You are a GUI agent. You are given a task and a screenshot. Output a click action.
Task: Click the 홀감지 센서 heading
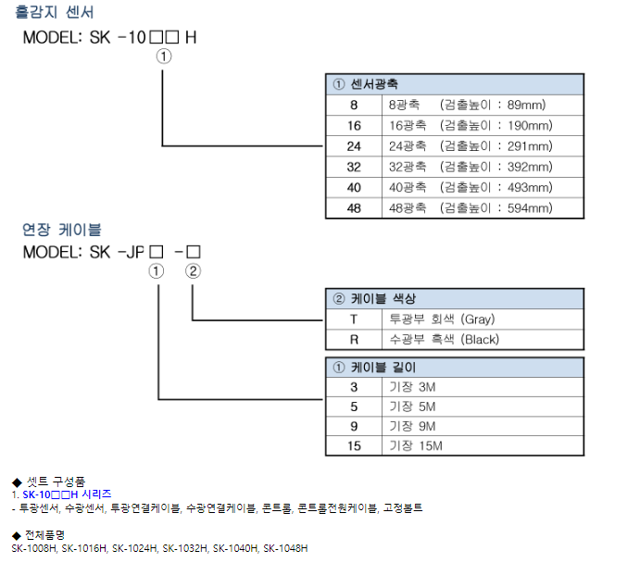[55, 12]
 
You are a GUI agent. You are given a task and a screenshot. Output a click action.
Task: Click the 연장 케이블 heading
[62, 230]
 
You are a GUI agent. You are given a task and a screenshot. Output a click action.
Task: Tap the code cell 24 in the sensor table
[354, 146]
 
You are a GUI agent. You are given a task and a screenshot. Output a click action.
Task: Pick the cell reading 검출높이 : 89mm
[493, 105]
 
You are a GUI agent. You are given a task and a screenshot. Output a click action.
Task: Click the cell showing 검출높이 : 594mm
[496, 208]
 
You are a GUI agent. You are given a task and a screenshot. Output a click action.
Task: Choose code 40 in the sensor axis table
[354, 187]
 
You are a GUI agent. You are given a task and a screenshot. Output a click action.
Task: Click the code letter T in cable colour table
[354, 319]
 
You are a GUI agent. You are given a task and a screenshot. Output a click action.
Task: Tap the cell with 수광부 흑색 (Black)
[444, 340]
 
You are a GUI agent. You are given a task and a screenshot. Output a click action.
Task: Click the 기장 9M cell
[412, 426]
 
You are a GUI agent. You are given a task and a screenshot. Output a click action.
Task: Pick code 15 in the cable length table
[354, 446]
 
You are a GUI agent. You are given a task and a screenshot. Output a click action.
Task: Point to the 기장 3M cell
[412, 387]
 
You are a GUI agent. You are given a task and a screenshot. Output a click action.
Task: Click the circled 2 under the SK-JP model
[193, 271]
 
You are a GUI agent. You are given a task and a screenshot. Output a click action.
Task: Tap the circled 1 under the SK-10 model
[164, 56]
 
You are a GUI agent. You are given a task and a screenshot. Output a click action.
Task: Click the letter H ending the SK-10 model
[191, 38]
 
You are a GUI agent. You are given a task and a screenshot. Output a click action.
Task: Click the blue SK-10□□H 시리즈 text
[67, 494]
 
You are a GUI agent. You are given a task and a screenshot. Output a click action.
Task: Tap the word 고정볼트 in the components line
[403, 508]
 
